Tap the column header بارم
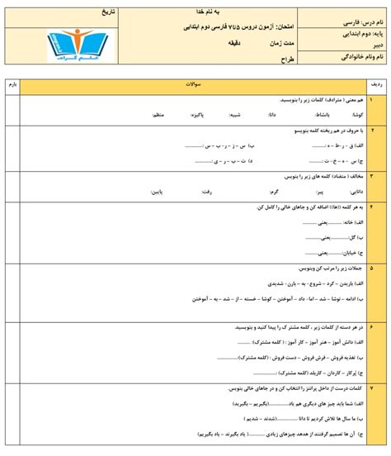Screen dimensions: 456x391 [12, 85]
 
